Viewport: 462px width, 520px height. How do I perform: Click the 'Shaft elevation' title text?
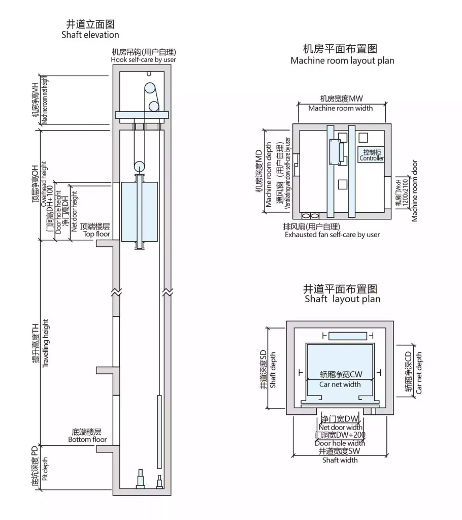pos(90,35)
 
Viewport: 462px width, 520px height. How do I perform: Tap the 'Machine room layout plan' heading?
pos(342,61)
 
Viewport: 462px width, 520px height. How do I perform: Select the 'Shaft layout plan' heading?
pos(342,299)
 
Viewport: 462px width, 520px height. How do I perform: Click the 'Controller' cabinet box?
pos(372,155)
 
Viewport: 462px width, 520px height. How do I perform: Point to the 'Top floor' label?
pos(96,234)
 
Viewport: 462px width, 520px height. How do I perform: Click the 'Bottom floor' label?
pos(87,440)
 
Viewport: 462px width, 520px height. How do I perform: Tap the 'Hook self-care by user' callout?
pos(143,60)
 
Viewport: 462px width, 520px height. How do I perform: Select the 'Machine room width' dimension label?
pos(340,109)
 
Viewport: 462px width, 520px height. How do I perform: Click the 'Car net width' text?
pos(340,385)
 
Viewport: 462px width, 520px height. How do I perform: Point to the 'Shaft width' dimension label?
pos(340,460)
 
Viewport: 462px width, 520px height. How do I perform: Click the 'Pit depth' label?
pos(45,469)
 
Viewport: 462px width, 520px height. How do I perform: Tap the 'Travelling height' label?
pos(45,343)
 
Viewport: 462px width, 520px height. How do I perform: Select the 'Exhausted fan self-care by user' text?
pos(332,235)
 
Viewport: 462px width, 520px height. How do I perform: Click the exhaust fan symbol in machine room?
pos(310,216)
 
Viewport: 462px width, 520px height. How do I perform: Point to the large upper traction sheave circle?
pos(150,89)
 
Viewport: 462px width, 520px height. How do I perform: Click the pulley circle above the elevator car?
pos(139,167)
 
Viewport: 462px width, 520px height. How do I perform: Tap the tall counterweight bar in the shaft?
pos(159,432)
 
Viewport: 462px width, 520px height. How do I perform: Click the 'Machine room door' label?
pos(415,191)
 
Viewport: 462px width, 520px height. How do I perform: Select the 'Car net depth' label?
pos(419,373)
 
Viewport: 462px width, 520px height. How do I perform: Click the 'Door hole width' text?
pos(340,443)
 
